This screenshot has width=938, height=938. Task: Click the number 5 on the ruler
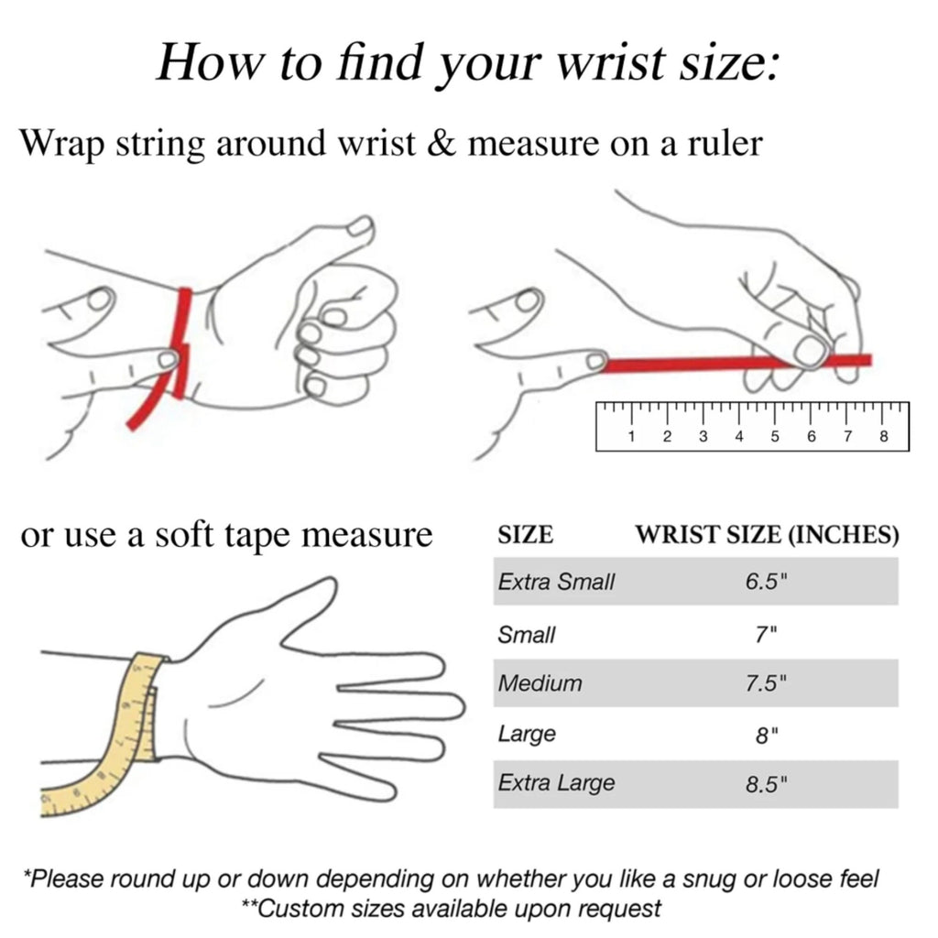[775, 436]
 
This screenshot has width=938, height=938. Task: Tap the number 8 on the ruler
[884, 436]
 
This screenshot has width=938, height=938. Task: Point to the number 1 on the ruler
[631, 436]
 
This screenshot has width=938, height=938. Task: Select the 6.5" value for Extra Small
[766, 582]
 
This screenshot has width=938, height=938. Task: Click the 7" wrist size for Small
[766, 634]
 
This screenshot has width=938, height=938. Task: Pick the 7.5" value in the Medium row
[766, 683]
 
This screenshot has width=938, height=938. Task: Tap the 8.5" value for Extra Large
[767, 784]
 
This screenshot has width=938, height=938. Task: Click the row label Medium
[540, 683]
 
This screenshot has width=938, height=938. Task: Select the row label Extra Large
[556, 784]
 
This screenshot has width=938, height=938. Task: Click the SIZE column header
[525, 535]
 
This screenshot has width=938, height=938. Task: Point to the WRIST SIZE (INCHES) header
[767, 535]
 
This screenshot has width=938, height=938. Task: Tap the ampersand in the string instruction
[442, 144]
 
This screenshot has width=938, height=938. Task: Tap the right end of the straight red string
[870, 359]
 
